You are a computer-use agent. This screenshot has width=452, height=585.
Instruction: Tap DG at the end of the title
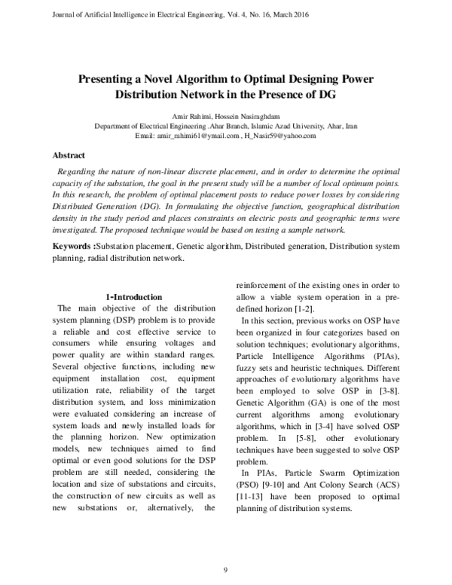coord(325,96)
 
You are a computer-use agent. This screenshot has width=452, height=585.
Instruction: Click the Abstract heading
coord(68,155)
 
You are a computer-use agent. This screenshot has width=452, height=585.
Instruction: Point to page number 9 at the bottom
coord(225,568)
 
